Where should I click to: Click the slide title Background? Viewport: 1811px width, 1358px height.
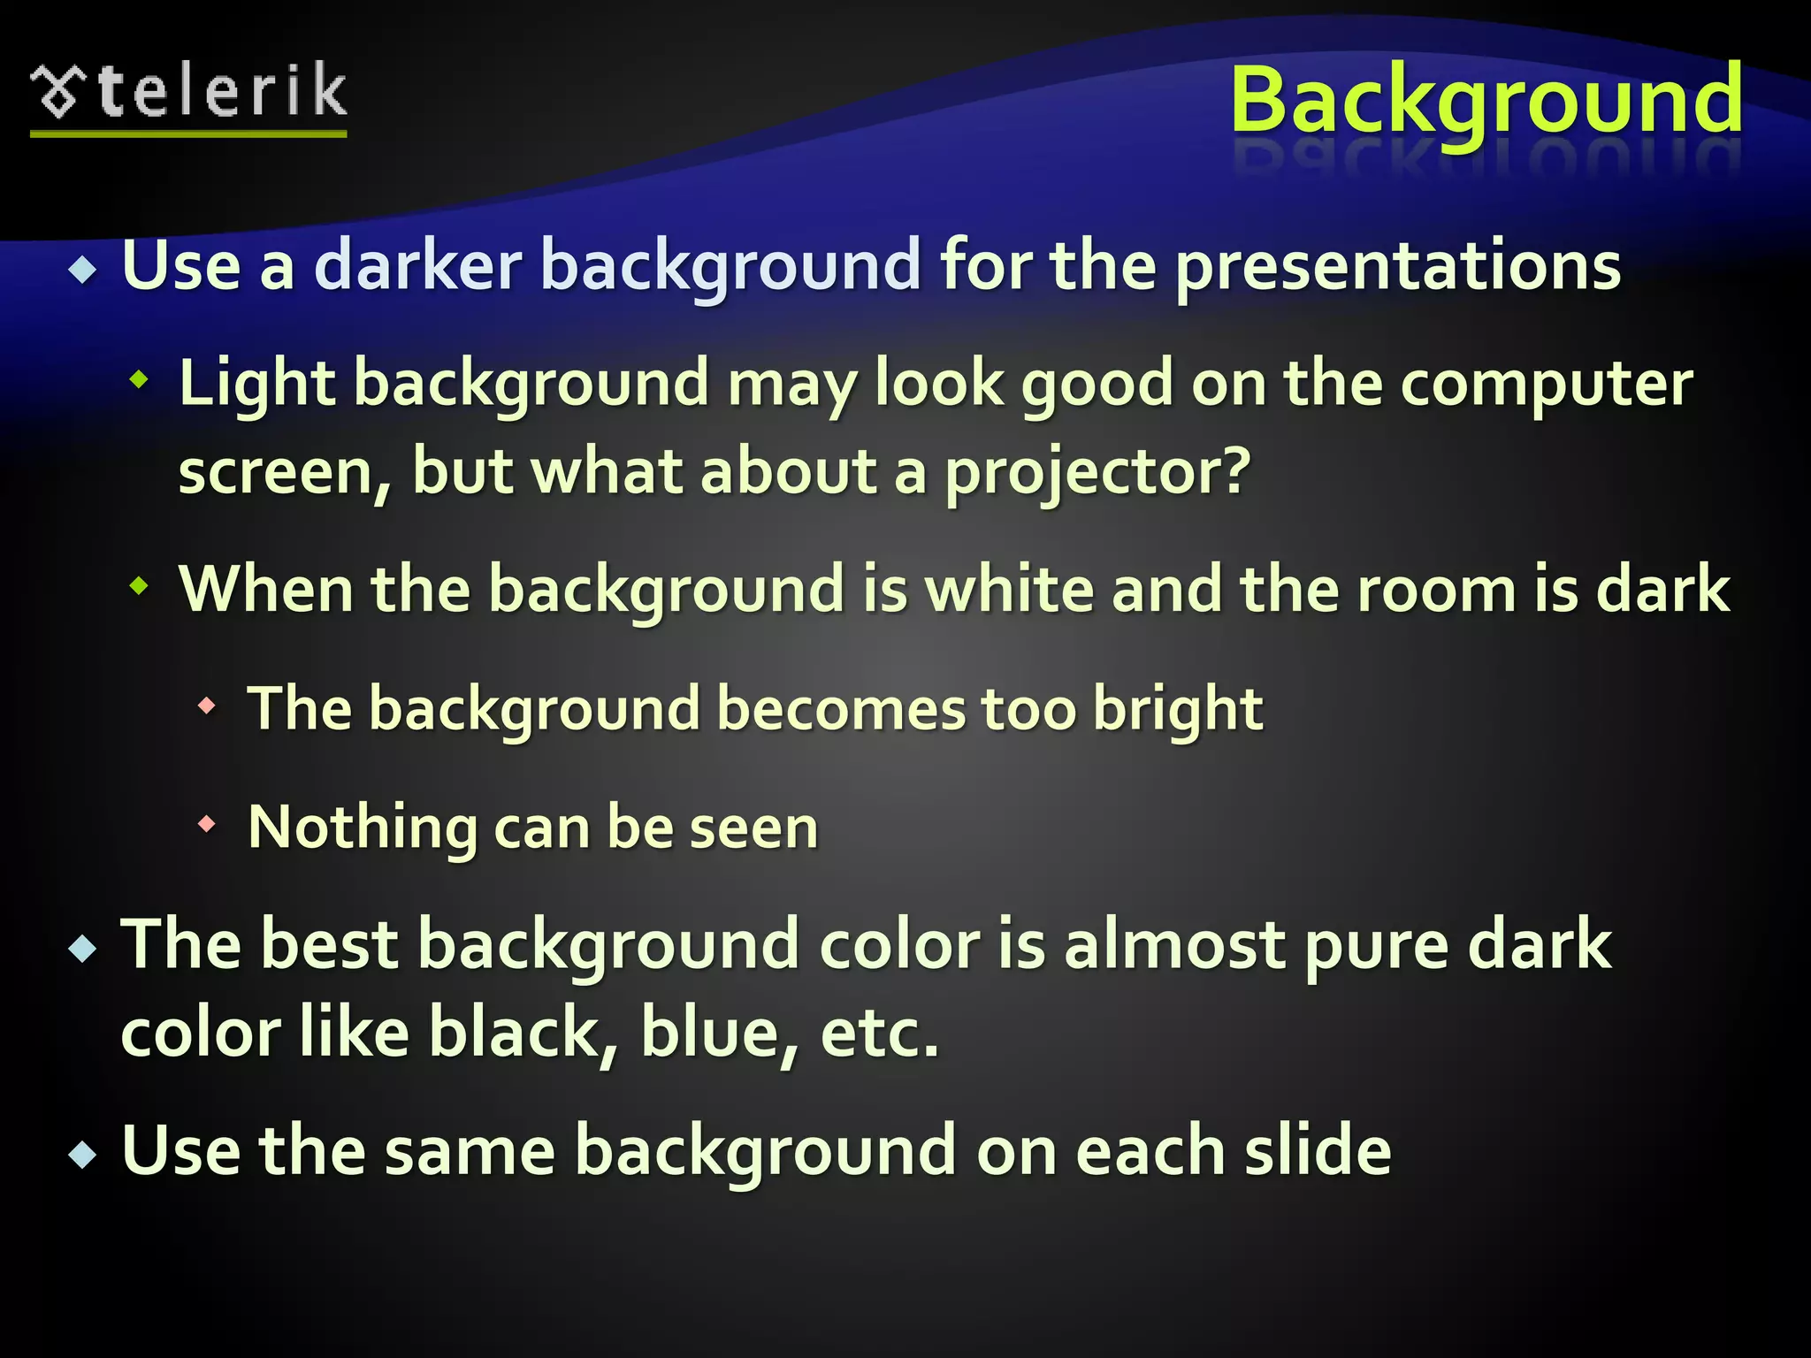pyautogui.click(x=1486, y=99)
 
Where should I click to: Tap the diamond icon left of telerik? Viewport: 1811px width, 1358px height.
pyautogui.click(x=57, y=92)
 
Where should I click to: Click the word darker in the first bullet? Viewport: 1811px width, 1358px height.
pyautogui.click(x=417, y=265)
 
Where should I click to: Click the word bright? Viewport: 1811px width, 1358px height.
pyautogui.click(x=1178, y=710)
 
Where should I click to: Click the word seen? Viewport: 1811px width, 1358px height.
pyautogui.click(x=753, y=829)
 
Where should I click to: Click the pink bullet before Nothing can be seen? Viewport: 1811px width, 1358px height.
pyautogui.click(x=207, y=825)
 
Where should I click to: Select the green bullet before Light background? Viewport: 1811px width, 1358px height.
pyautogui.click(x=139, y=380)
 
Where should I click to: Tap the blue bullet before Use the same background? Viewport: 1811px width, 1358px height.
pyautogui.click(x=83, y=1154)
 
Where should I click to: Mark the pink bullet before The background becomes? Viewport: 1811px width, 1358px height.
pyautogui.click(x=207, y=706)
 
